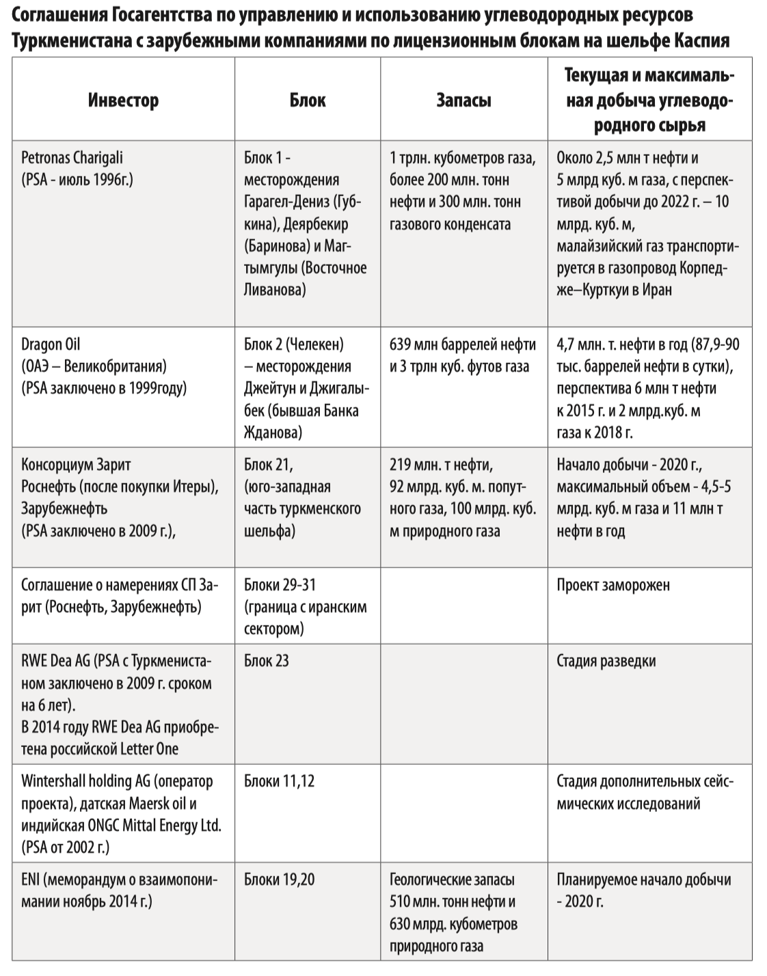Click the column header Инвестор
(x=123, y=100)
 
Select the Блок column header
(x=307, y=100)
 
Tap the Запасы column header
(x=463, y=100)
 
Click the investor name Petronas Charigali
(x=72, y=158)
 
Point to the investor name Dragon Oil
(x=51, y=344)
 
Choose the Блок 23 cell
(x=267, y=661)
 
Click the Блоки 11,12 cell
(x=279, y=781)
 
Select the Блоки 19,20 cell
(x=279, y=879)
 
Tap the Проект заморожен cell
(x=613, y=585)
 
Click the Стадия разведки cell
(x=606, y=661)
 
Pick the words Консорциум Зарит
(x=76, y=465)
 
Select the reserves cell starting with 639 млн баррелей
(x=463, y=355)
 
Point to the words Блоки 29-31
(x=280, y=585)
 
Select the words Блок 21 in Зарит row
(x=268, y=465)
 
